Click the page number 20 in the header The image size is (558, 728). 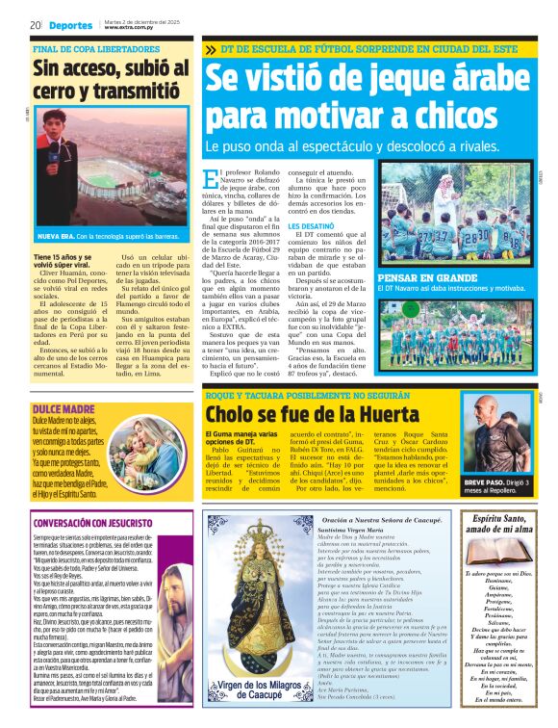(35, 24)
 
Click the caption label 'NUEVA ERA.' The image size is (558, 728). (56, 236)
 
